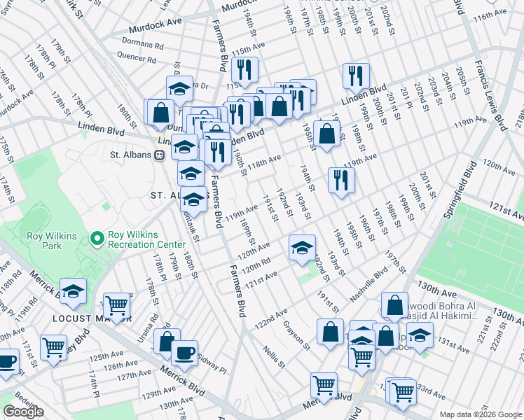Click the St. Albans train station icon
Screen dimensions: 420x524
point(160,155)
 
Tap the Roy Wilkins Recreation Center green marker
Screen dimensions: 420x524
point(96,239)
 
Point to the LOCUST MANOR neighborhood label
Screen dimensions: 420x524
point(92,318)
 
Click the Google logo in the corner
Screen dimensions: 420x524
point(23,412)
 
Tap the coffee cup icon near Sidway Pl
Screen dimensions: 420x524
point(184,353)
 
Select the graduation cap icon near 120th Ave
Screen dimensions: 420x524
point(302,247)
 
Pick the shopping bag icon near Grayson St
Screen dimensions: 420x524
point(330,332)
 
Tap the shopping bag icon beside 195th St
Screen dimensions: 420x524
point(326,133)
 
